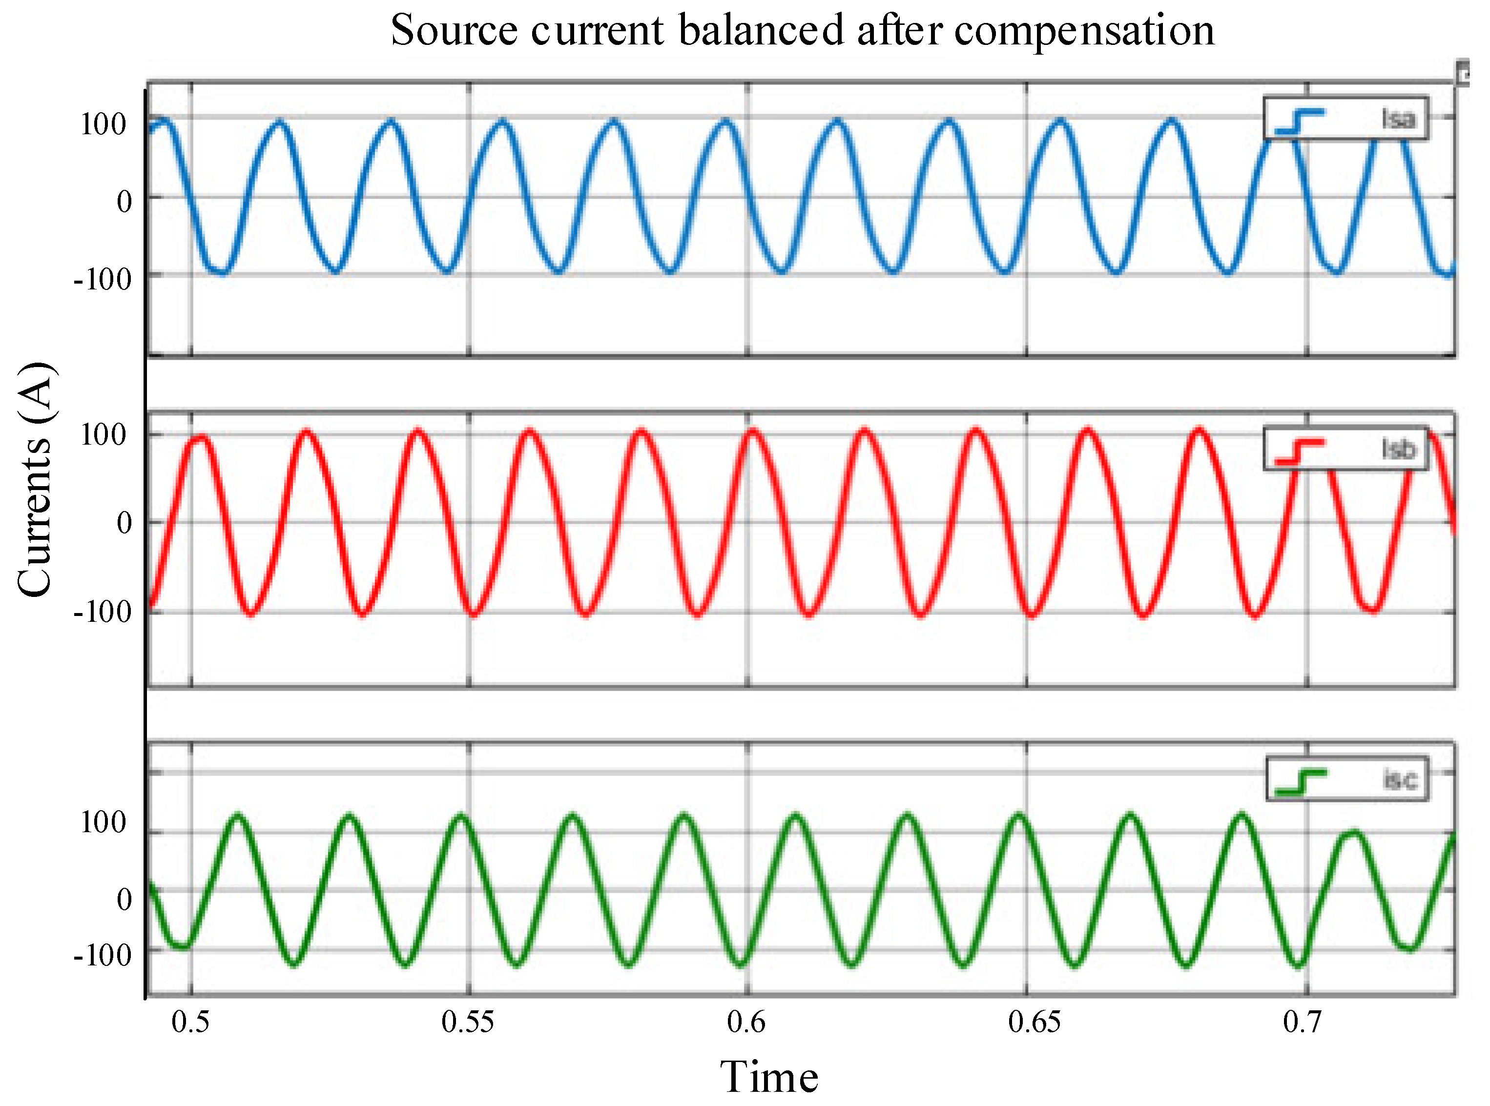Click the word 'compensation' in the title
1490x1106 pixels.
[1083, 31]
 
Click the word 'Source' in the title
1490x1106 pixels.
[454, 31]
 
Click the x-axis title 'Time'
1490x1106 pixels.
[769, 1077]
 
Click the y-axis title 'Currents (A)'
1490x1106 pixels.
[35, 479]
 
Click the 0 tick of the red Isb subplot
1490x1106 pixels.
[124, 523]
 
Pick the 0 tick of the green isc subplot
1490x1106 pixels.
[124, 899]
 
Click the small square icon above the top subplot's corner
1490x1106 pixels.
[1463, 74]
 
